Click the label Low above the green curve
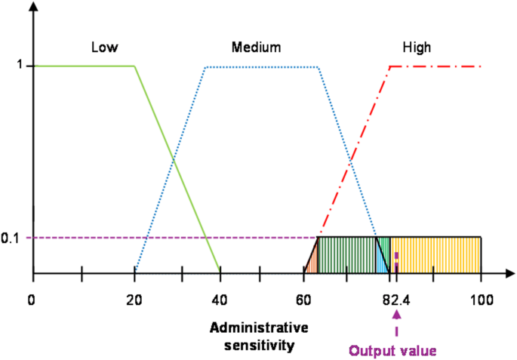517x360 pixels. coord(104,47)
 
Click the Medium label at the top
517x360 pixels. coord(256,47)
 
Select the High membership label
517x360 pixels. coord(417,47)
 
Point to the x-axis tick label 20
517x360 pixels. coord(134,300)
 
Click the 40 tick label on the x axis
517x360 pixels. coord(219,300)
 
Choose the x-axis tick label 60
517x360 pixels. coord(303,300)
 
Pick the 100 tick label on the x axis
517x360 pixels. coord(481,300)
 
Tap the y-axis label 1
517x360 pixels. coord(20,66)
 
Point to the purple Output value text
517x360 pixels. coord(392,350)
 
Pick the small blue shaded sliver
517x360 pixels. coord(381,263)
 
